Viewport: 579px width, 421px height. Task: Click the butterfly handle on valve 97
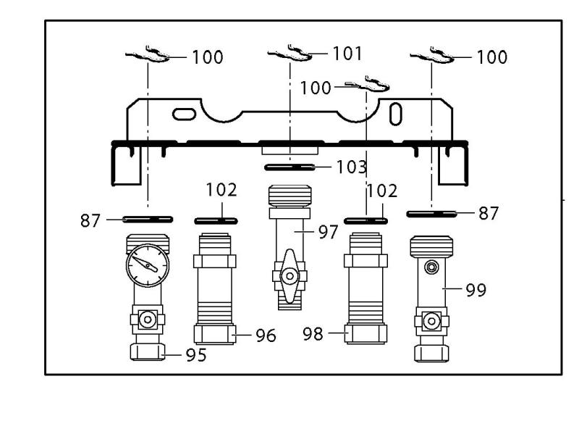(x=289, y=275)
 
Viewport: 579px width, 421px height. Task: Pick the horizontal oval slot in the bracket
(x=185, y=113)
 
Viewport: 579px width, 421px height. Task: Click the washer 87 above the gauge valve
(x=148, y=218)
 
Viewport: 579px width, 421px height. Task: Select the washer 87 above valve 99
(x=432, y=213)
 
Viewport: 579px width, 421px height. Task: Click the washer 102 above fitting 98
(x=367, y=219)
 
